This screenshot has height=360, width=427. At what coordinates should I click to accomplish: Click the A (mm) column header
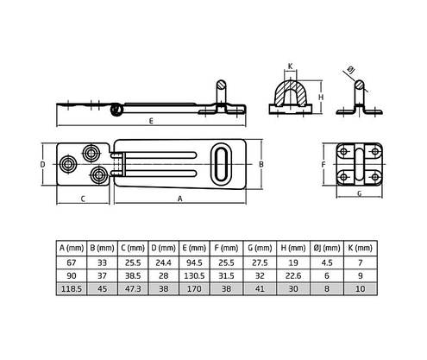tap(72, 247)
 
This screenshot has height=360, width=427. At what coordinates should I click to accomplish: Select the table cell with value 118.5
tap(72, 290)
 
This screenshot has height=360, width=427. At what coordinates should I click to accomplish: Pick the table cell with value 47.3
tap(131, 290)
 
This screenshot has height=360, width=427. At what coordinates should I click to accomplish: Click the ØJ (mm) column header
tap(324, 247)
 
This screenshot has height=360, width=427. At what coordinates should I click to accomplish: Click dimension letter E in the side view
tap(152, 121)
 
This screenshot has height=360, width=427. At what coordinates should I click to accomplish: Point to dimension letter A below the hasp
tap(179, 198)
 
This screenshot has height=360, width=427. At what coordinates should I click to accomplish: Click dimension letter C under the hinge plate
tap(84, 198)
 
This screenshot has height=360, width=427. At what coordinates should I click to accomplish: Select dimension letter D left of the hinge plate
tap(42, 161)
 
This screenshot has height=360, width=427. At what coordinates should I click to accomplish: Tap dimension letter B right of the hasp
tap(261, 161)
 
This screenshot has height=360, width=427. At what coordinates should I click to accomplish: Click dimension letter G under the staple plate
tap(358, 193)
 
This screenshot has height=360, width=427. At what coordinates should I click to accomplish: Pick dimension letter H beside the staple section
tap(321, 98)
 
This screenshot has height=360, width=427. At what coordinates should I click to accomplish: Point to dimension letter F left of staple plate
tap(323, 161)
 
